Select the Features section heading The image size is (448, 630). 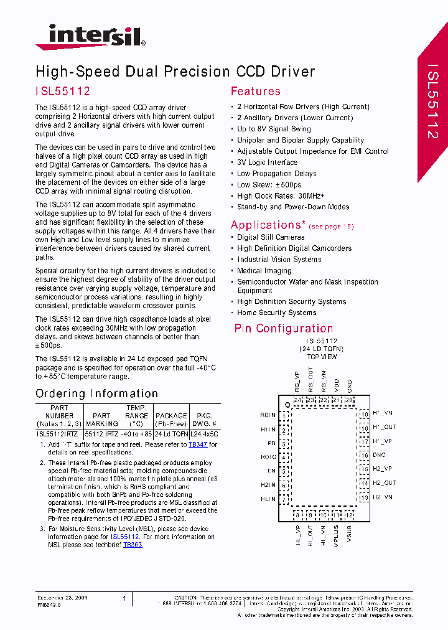(255, 92)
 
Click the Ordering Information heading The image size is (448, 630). (96, 393)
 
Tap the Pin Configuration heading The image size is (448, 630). (283, 329)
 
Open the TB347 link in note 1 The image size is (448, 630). (197, 445)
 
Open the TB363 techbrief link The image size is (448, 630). (133, 545)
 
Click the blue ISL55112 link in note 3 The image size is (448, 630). (124, 537)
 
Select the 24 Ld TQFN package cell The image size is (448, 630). (171, 433)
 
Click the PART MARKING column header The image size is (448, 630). (101, 420)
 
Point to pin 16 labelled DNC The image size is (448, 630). (379, 455)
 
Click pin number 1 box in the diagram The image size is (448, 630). (284, 415)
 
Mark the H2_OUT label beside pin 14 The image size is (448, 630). (385, 483)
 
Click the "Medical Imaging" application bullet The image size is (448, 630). (264, 271)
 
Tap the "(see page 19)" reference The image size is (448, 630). (331, 227)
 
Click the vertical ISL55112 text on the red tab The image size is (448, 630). (433, 100)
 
